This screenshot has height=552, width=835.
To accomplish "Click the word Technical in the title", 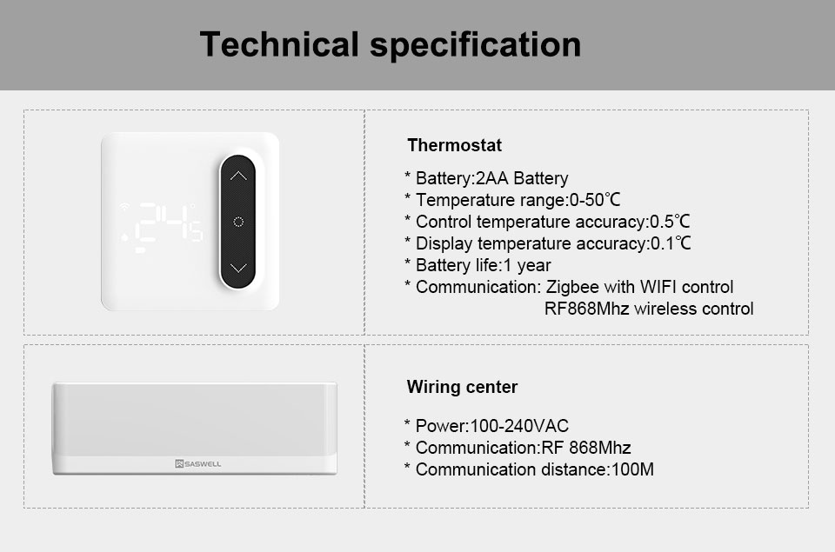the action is [x=279, y=43].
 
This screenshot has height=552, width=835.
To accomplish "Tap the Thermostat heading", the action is [x=454, y=145].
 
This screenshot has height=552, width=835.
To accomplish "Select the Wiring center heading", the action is [x=462, y=387].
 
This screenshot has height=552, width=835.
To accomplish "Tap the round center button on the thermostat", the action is [x=238, y=222].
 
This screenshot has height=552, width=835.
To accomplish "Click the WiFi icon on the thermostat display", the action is [x=124, y=207].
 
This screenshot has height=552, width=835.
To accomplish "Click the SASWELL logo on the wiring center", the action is [x=197, y=463].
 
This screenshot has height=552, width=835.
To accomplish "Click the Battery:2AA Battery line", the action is [x=491, y=178].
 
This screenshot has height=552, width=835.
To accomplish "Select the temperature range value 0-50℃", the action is [x=595, y=200].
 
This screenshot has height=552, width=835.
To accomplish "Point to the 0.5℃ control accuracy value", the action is [x=670, y=222].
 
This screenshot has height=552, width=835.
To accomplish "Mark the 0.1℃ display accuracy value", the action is [x=671, y=243].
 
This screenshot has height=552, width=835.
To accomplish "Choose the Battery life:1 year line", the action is [x=483, y=265].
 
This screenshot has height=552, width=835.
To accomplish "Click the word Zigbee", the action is [x=572, y=288].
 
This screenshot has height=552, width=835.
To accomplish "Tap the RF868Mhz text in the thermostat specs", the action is [x=586, y=309].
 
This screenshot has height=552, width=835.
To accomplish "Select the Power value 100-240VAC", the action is [x=519, y=426].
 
